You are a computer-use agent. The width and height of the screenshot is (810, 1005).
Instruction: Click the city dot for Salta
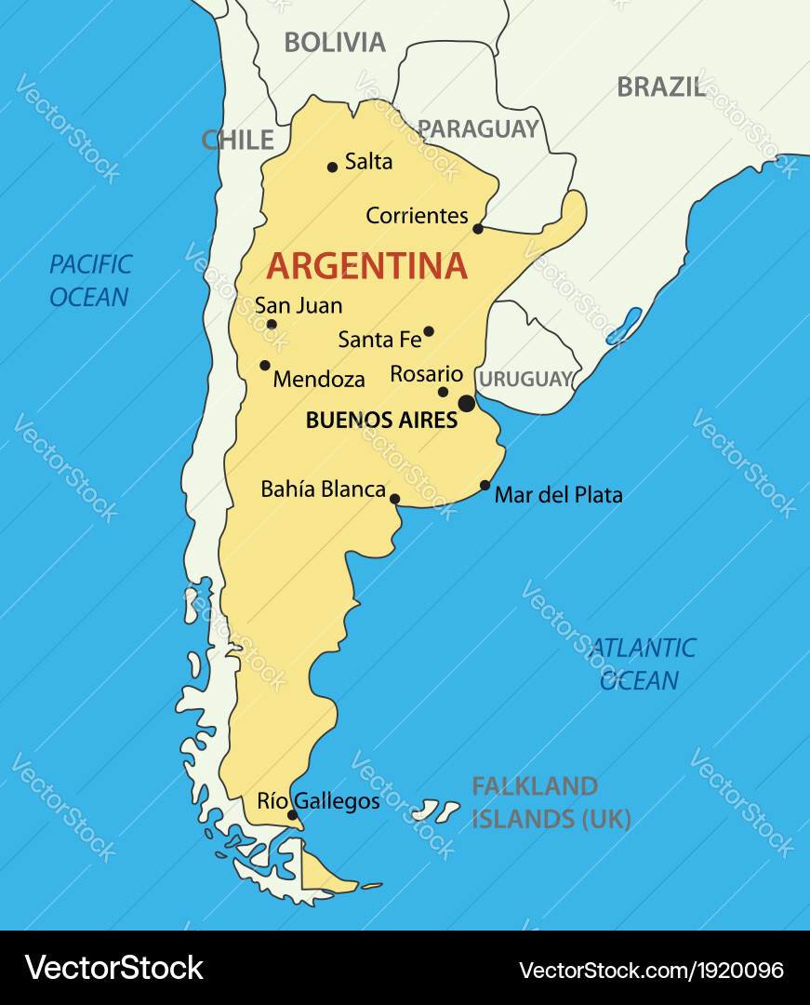coord(332,167)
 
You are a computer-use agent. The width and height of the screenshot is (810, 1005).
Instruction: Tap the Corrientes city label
coord(417,216)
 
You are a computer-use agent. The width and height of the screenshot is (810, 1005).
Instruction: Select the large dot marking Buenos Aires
coord(467,403)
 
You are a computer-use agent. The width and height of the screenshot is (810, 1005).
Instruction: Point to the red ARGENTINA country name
coord(367,266)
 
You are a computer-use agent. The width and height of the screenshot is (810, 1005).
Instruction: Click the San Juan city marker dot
coord(272,325)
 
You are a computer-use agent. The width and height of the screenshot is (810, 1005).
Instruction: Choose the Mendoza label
coord(319,380)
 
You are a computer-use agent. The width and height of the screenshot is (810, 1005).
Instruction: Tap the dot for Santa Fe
coord(429,330)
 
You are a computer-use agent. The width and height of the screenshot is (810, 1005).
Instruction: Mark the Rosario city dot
coord(444,392)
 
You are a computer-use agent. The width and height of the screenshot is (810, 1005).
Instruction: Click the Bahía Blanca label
coord(323,489)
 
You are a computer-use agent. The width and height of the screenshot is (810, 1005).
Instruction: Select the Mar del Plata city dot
coord(485,485)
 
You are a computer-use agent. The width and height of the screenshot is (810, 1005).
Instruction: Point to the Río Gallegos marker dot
coord(292,815)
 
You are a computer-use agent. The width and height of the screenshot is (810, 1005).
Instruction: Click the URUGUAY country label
coord(525,380)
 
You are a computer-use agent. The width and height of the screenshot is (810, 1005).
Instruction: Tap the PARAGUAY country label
coord(478,128)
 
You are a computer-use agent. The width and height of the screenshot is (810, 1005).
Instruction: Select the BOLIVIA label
coord(335,42)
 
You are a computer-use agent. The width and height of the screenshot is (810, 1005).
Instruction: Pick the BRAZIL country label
coord(661,87)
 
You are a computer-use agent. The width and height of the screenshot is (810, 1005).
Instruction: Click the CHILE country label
coord(238,141)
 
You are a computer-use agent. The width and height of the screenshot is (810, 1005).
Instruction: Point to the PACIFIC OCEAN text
coord(90,281)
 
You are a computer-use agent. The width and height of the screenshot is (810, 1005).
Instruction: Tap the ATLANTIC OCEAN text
coord(642,663)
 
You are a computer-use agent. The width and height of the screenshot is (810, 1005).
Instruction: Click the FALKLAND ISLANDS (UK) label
coord(551,803)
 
